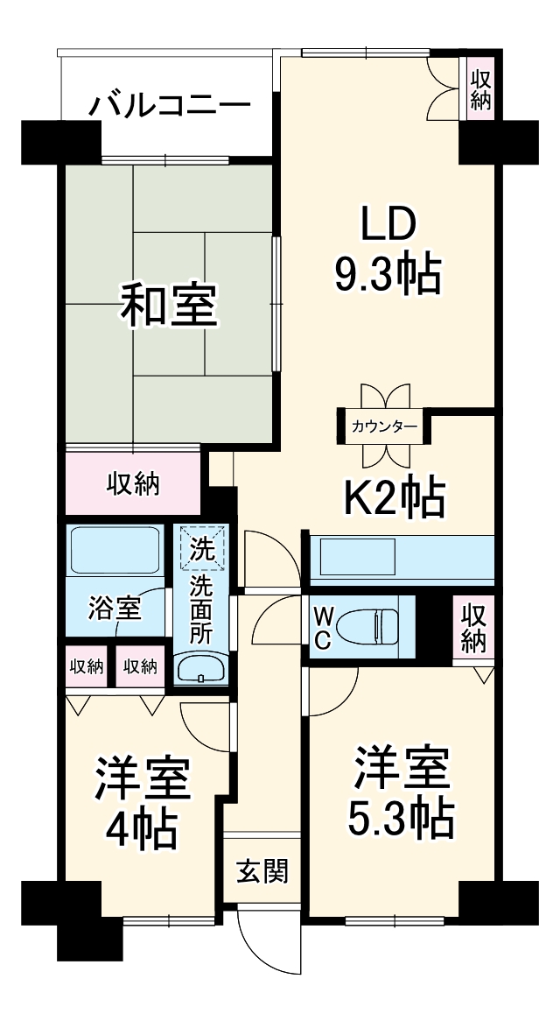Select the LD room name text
tap(386, 225)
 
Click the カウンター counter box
tap(384, 427)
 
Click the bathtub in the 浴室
tap(115, 550)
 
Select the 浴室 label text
tap(115, 607)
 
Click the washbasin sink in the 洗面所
tap(201, 670)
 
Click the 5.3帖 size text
tap(402, 817)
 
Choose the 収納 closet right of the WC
tap(473, 627)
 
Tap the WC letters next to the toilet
tap(322, 627)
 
